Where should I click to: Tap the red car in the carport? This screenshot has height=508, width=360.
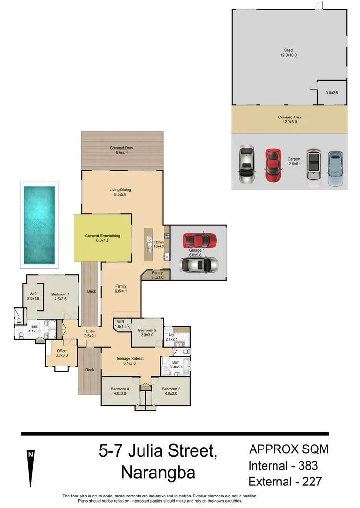[x=273, y=165]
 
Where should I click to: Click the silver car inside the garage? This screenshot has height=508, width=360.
[x=198, y=264]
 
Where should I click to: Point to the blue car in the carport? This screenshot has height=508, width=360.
[x=336, y=168]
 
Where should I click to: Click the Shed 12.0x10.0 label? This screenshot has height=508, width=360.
[x=288, y=53]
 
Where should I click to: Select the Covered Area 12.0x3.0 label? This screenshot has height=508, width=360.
[x=289, y=119]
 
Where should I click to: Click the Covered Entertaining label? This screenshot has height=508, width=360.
[x=102, y=238]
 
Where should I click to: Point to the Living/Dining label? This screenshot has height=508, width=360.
[x=120, y=192]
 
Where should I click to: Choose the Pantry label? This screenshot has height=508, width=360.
[x=157, y=275]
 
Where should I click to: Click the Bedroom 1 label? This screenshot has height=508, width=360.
[x=61, y=296]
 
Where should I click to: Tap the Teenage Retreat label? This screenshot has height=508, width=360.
[x=130, y=361]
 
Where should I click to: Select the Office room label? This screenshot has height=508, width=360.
[x=61, y=353]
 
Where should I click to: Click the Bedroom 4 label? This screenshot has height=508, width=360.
[x=120, y=391]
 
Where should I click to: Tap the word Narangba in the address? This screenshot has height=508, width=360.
[x=158, y=473]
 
